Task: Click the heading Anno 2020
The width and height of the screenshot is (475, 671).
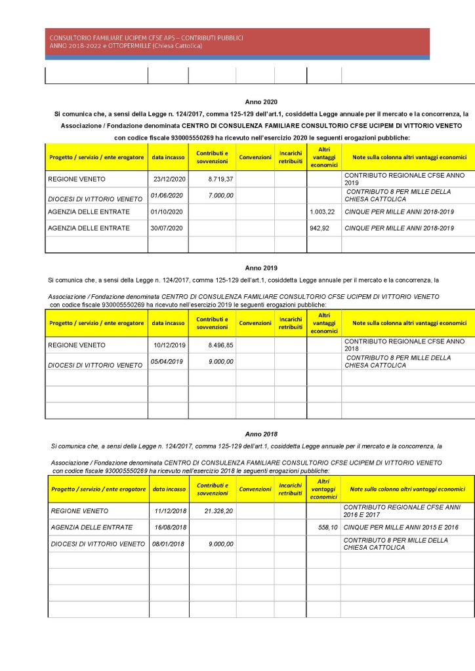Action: click(261, 103)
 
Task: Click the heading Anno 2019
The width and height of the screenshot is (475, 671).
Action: click(261, 268)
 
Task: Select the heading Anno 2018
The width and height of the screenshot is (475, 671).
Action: click(261, 434)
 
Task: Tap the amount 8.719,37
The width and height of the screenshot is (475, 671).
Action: click(221, 179)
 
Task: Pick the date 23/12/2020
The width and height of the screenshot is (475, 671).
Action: click(170, 179)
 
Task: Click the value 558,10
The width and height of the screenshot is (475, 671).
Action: click(324, 527)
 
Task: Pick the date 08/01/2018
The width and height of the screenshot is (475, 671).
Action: click(169, 543)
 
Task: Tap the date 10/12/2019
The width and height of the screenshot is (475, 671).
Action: click(170, 345)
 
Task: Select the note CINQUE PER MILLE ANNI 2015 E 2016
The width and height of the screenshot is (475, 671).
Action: click(400, 527)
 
